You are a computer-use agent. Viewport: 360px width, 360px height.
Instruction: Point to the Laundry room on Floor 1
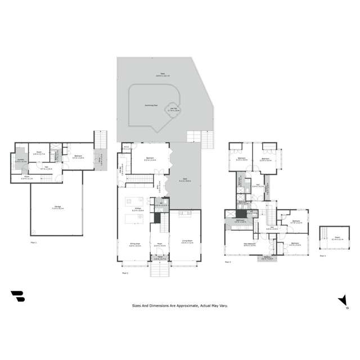click(20, 160)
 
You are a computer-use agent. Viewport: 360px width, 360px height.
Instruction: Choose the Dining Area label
click(135, 245)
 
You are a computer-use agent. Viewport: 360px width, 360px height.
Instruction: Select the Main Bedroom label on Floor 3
click(250, 244)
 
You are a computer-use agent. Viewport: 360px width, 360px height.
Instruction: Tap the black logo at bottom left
click(17, 296)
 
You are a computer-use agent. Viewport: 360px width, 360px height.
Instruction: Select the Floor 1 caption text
click(34, 242)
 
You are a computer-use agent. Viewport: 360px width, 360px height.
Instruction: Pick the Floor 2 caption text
click(125, 273)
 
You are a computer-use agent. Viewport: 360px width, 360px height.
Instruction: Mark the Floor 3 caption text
click(228, 262)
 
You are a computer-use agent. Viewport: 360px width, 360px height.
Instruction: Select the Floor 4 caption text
click(322, 255)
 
